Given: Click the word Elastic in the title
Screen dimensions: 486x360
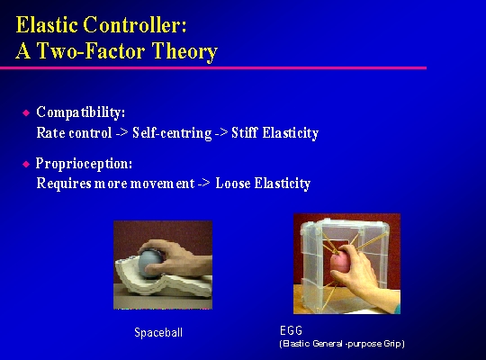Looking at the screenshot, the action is pos(47,24).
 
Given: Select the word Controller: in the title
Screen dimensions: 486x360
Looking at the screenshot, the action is pos(135,24).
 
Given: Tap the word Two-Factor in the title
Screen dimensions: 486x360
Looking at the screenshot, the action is pos(91,50).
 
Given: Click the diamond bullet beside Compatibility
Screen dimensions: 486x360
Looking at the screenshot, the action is pos(26,112).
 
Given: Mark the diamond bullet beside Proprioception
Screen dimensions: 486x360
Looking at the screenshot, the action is pos(26,164).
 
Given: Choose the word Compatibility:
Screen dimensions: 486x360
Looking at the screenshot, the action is pos(81,112).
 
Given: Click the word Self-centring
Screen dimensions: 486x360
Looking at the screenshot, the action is pos(172,133).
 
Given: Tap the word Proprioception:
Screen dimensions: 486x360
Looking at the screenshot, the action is pos(84,164).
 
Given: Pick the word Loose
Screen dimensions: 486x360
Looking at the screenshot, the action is pos(233,184).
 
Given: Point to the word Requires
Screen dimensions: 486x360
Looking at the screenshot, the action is pos(64,184).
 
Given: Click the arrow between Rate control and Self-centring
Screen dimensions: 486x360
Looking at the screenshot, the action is pos(121,133).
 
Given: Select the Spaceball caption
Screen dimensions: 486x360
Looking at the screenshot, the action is pos(158,333).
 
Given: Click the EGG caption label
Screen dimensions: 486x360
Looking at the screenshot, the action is pos(291,330).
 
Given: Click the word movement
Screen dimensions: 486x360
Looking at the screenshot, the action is pos(162,184).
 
